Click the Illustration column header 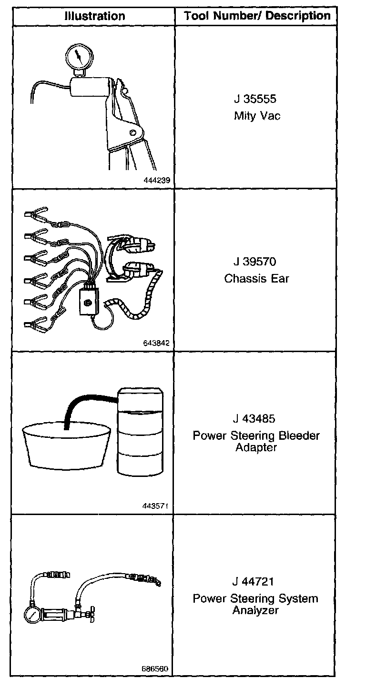94,16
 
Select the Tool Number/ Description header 257,16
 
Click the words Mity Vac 257,116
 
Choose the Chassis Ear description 256,278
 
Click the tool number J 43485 255,419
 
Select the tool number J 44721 255,581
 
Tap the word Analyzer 255,610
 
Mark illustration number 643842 156,343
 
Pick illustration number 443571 156,506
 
